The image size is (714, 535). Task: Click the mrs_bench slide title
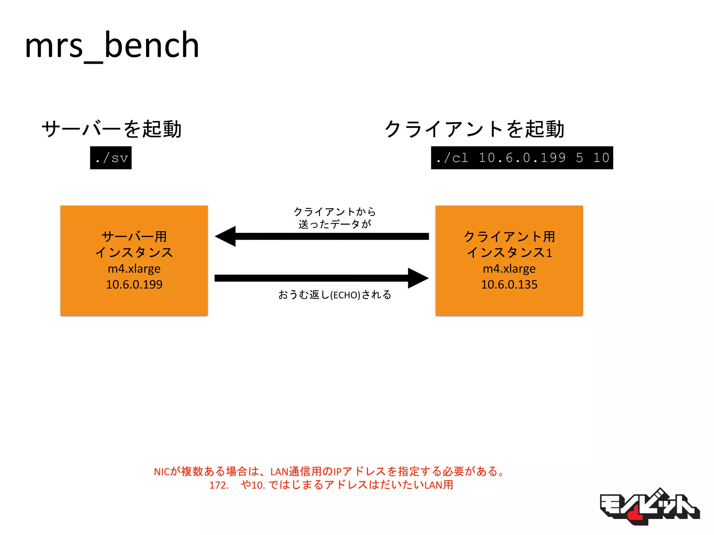pyautogui.click(x=112, y=45)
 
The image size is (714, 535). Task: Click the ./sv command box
pyautogui.click(x=111, y=158)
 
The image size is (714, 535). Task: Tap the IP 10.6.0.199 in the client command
pyautogui.click(x=522, y=158)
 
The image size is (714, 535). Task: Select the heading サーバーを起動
pyautogui.click(x=112, y=129)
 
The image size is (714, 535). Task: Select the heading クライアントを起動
pyautogui.click(x=474, y=129)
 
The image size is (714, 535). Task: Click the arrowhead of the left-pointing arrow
pyautogui.click(x=226, y=237)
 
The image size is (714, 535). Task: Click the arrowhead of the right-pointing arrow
pyautogui.click(x=418, y=278)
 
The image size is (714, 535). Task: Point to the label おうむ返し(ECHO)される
pyautogui.click(x=335, y=295)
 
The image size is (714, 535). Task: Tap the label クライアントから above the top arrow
pyautogui.click(x=335, y=211)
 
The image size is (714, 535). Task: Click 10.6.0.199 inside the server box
pyautogui.click(x=134, y=285)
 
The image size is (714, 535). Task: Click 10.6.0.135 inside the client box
pyautogui.click(x=509, y=285)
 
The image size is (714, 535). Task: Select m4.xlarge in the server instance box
pyautogui.click(x=134, y=269)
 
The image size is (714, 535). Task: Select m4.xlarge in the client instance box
pyautogui.click(x=509, y=269)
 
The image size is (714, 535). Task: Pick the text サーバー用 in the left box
pyautogui.click(x=134, y=237)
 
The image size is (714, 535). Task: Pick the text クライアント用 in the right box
pyautogui.click(x=509, y=237)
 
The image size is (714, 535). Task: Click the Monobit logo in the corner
pyautogui.click(x=649, y=507)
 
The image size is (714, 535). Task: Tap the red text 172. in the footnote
pyautogui.click(x=219, y=485)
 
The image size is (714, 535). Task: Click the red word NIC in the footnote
pyautogui.click(x=162, y=472)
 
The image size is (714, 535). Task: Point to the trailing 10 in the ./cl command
pyautogui.click(x=601, y=158)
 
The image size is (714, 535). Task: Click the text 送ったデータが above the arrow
pyautogui.click(x=335, y=224)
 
